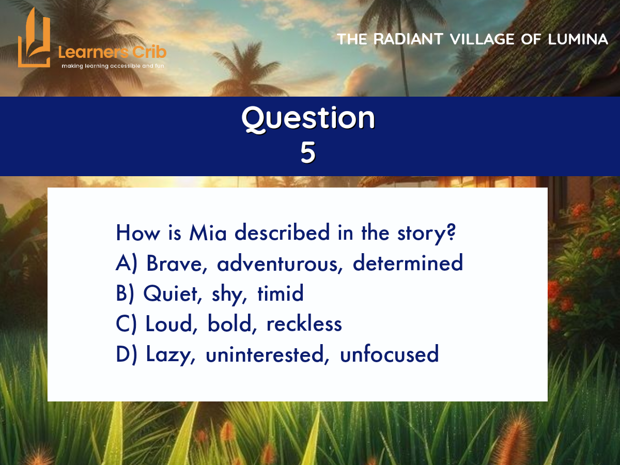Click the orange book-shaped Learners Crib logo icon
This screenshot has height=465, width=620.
[34, 38]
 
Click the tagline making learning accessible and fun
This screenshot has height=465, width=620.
[113, 66]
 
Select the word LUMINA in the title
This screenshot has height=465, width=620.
[578, 39]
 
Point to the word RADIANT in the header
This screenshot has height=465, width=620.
[408, 39]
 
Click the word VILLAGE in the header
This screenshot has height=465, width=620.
[482, 39]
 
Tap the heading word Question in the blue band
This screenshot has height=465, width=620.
[308, 118]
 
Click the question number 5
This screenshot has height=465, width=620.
[307, 152]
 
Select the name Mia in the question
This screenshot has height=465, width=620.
[208, 233]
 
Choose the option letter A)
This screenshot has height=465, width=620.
[127, 263]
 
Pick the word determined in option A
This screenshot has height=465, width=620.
[408, 262]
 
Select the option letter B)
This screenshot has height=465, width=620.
[125, 293]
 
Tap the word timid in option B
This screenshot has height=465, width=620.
[281, 293]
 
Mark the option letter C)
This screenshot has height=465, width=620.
[126, 323]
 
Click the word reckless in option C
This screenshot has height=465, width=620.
[304, 323]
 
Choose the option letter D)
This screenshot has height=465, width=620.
[127, 354]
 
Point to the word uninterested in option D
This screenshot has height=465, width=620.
[268, 354]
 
